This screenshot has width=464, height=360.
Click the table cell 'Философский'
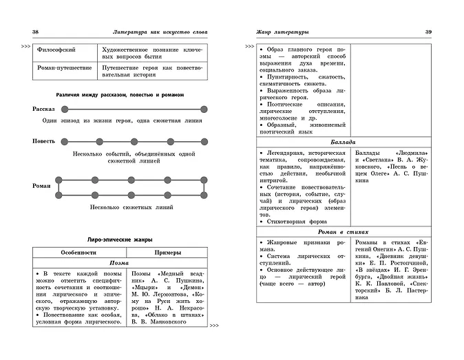tap(58, 50)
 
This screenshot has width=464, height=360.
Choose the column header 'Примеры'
tap(168, 252)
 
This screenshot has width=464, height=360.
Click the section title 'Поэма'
tap(120, 264)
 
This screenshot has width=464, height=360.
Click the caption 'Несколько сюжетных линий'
tap(131, 206)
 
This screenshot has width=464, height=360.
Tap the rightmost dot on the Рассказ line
tap(204, 109)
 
